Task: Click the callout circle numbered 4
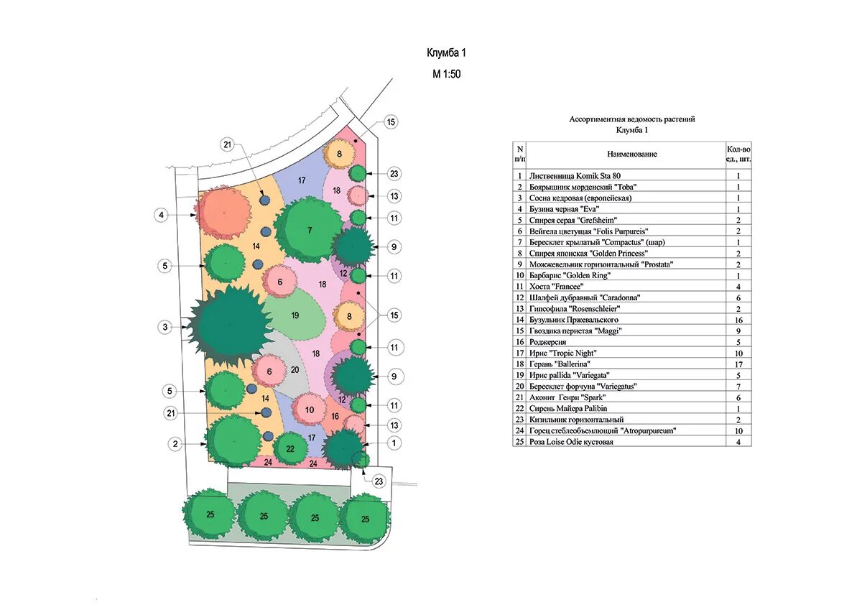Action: (162, 214)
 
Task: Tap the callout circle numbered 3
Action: (164, 327)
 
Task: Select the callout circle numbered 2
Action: (175, 444)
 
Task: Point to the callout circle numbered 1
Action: (394, 443)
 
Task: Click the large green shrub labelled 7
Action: (309, 229)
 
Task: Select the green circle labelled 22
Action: (290, 448)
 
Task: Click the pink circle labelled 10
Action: (309, 410)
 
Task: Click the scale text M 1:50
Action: (446, 74)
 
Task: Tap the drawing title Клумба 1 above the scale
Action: (447, 53)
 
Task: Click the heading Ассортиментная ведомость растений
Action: (632, 119)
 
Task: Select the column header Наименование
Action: (632, 154)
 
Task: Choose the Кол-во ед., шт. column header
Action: (738, 154)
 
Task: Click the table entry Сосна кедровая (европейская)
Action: (580, 198)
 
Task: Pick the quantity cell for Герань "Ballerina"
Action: (738, 364)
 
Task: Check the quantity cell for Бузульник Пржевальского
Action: (738, 319)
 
